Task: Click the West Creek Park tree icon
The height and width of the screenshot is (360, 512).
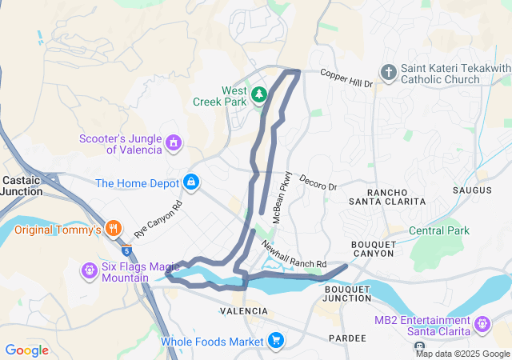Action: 258,95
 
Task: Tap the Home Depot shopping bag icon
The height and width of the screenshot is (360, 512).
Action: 191,183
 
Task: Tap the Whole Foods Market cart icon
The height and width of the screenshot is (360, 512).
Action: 276,342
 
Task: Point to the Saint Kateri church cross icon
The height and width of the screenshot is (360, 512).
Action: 388,74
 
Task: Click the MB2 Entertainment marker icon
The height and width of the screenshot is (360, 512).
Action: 482,325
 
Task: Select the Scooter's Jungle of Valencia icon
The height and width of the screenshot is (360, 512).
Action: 173,143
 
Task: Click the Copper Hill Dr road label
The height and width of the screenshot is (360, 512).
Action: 346,78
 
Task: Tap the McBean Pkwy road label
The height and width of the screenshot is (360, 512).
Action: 284,197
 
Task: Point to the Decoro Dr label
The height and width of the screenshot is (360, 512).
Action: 318,182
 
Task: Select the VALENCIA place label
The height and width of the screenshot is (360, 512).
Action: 244,310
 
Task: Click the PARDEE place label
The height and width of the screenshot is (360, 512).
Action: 347,338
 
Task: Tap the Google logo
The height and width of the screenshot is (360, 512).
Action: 26,350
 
